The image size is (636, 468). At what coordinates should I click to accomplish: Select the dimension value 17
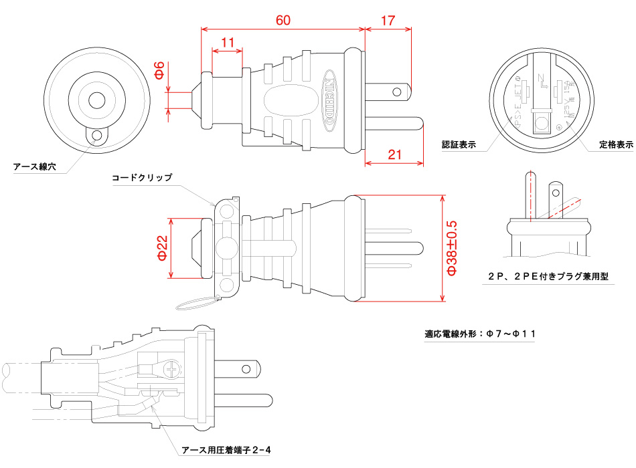388,20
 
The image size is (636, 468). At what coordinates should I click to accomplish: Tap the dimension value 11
227,43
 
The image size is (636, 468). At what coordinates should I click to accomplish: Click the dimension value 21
395,155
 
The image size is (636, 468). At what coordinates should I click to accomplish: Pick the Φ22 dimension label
161,248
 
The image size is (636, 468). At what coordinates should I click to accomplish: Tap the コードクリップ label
142,178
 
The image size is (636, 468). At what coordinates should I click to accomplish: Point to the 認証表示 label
459,144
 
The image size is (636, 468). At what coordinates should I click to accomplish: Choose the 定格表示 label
616,144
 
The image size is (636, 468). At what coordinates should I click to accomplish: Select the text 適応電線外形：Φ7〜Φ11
479,334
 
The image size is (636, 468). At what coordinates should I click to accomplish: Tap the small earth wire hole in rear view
98,136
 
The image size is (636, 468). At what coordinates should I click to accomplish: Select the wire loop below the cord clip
198,304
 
